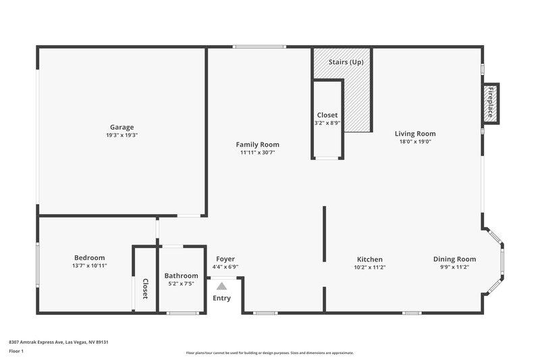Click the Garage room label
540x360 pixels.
[122, 127]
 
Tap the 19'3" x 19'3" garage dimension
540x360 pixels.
[122, 135]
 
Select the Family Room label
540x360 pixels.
[257, 145]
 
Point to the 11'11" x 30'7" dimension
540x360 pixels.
[257, 153]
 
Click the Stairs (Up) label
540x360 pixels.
[346, 62]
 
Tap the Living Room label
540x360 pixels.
[415, 134]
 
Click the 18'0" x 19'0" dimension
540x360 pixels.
[415, 142]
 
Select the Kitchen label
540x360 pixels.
[370, 259]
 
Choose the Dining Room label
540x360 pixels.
[454, 259]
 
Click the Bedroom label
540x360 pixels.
[89, 258]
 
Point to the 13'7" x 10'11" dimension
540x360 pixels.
[89, 266]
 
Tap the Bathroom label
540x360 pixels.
[182, 276]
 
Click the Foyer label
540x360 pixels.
[225, 259]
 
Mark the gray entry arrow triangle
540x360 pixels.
[221, 286]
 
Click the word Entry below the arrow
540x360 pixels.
[221, 298]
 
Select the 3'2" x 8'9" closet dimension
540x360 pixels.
[327, 124]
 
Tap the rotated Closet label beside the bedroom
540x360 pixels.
[144, 288]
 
